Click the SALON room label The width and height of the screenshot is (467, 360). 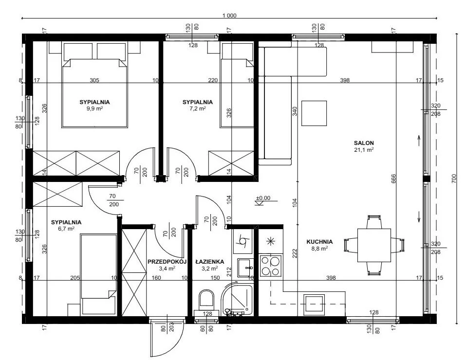click(x=364, y=143)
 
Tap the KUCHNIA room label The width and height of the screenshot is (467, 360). click(x=319, y=242)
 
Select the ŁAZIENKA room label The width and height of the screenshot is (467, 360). click(x=210, y=262)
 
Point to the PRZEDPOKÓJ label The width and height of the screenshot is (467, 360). click(x=167, y=262)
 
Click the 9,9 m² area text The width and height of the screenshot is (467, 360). click(x=94, y=108)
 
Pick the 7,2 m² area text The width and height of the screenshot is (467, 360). click(x=198, y=108)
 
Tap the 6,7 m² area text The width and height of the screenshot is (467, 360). click(x=66, y=229)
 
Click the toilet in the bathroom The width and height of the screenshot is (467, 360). click(x=206, y=301)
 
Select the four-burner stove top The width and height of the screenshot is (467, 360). click(x=270, y=266)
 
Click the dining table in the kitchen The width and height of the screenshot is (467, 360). click(x=374, y=245)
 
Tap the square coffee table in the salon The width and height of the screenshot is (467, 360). click(x=314, y=113)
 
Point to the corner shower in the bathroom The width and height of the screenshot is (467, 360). click(x=237, y=299)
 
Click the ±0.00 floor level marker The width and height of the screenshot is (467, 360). click(x=263, y=198)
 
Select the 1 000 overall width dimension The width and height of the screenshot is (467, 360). click(x=229, y=16)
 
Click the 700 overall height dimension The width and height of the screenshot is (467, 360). click(x=454, y=178)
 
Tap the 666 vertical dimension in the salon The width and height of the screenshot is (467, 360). click(x=393, y=179)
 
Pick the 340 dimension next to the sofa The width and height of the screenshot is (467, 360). click(x=295, y=111)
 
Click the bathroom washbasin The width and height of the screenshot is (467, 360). click(x=245, y=268)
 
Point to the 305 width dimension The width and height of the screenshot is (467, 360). click(x=94, y=80)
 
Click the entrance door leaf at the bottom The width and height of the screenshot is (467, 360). click(x=150, y=340)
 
